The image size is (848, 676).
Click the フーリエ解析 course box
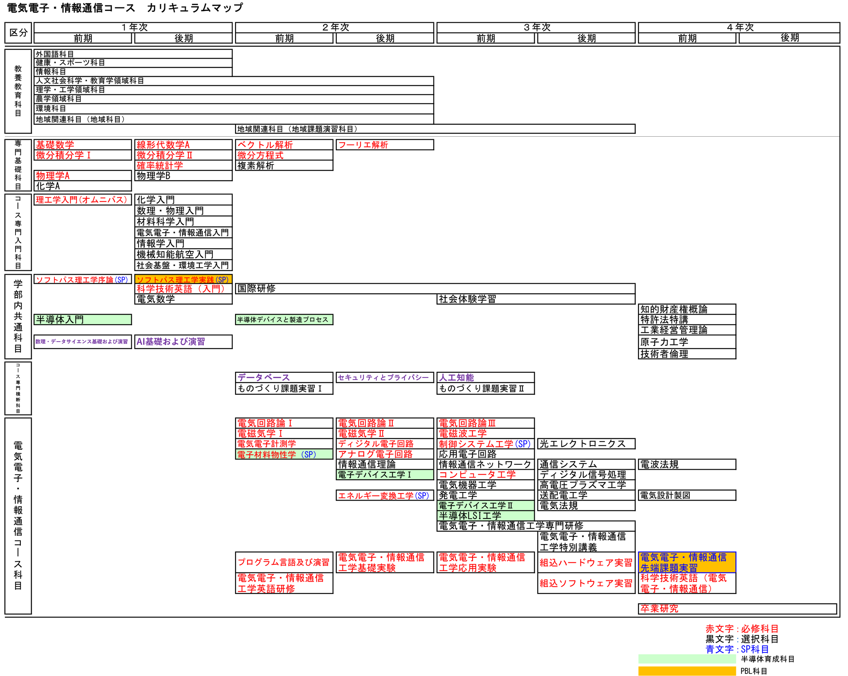pos(384,145)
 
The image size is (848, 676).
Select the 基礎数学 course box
pos(83,145)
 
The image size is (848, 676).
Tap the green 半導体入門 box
pos(83,320)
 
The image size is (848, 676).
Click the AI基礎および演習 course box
pos(183,342)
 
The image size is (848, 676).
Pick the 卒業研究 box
pos(737,609)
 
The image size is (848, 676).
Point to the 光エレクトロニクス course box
pos(586,444)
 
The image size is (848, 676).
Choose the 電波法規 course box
pos(687,464)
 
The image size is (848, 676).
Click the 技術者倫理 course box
pos(687,354)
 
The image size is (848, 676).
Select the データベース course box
pos(284,377)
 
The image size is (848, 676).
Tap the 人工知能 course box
pos(485,377)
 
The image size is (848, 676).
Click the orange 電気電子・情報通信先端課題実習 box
pos(687,562)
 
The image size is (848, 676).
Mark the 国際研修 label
pos(257,289)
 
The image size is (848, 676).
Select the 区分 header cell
pos(18,33)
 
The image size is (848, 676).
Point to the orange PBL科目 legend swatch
pos(687,670)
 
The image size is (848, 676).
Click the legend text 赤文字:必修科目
pos(741,629)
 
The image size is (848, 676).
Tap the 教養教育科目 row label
pos(18,91)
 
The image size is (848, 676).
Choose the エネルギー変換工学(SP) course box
pos(384,495)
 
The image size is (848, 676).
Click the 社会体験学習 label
pos(467,299)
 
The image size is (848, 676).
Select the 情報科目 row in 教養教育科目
pos(133,72)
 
